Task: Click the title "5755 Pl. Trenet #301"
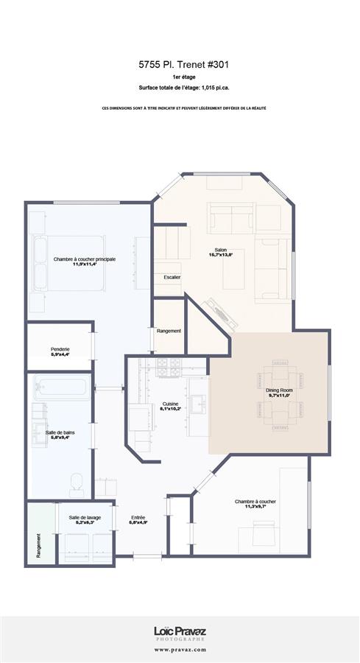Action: [x=180, y=65]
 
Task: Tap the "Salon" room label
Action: [x=219, y=250]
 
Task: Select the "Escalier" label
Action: [x=172, y=277]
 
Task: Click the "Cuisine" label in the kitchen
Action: [x=171, y=404]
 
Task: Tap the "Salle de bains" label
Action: [x=60, y=431]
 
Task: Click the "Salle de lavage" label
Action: [x=85, y=518]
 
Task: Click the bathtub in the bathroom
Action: [x=60, y=387]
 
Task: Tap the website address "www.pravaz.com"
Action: [x=180, y=650]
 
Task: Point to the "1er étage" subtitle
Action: [x=180, y=77]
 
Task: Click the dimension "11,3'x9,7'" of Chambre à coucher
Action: [x=255, y=506]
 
